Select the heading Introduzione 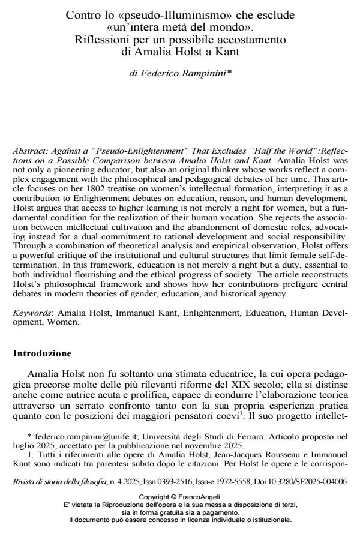41,353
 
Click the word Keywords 29,314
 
